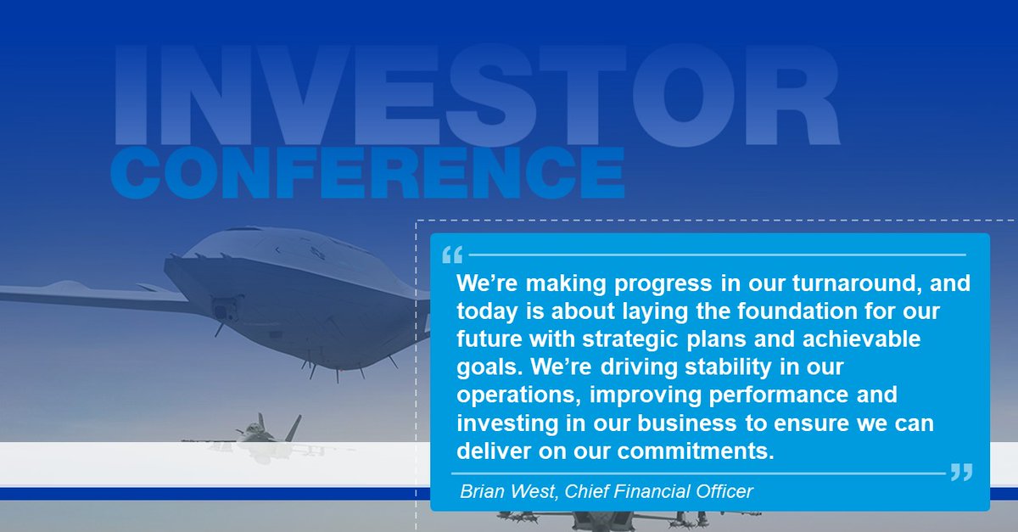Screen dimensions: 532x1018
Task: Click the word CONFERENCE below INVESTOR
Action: point(366,172)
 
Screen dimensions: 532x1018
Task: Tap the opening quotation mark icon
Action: point(452,254)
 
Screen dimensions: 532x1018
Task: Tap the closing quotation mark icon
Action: point(961,473)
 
